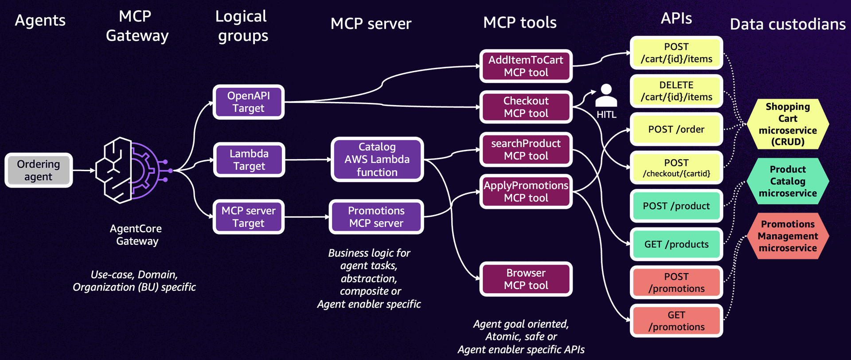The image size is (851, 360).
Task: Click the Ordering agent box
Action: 39,170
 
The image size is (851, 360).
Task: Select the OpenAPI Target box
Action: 248,102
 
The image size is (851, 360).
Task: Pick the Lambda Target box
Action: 249,160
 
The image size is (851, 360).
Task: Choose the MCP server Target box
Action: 248,217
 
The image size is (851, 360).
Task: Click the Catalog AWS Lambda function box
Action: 377,160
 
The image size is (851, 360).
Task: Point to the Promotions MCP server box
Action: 376,217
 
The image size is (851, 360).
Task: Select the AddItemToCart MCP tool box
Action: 526,66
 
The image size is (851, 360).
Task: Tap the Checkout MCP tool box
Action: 526,107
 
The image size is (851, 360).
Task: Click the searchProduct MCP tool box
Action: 526,149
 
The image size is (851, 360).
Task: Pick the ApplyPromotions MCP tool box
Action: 526,192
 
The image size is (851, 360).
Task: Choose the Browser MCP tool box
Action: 526,279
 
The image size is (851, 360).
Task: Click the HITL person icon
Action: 606,95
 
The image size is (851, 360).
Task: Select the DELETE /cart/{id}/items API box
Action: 676,91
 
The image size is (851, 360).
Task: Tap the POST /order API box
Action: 676,129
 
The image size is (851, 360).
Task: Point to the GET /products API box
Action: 676,244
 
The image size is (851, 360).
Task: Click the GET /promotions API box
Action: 676,321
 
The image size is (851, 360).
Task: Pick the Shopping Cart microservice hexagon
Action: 788,124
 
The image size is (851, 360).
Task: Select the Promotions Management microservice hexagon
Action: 788,236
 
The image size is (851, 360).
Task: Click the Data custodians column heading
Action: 788,24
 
